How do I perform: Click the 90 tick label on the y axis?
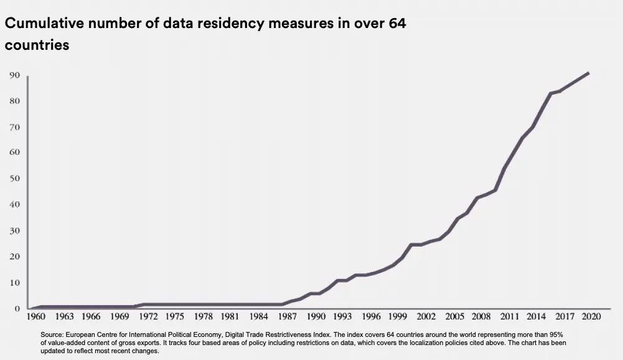tap(14, 75)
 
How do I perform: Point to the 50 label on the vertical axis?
tap(14, 179)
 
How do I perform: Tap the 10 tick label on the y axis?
tap(14, 283)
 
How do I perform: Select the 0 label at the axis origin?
tap(17, 308)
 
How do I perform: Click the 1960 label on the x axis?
tap(37, 316)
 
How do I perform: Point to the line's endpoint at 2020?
tap(588, 73)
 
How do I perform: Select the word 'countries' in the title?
tap(37, 45)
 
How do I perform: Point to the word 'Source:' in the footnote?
tap(52, 334)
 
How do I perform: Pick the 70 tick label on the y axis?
tap(14, 127)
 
